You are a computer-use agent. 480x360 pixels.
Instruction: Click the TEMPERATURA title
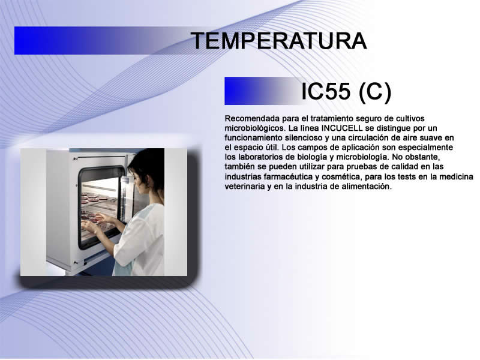point(279,41)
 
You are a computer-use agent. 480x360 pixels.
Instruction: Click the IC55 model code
point(326,91)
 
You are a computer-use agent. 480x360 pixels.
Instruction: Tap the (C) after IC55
point(375,92)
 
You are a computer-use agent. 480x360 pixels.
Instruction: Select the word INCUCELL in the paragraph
point(342,128)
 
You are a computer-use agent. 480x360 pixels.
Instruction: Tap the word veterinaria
point(245,187)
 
